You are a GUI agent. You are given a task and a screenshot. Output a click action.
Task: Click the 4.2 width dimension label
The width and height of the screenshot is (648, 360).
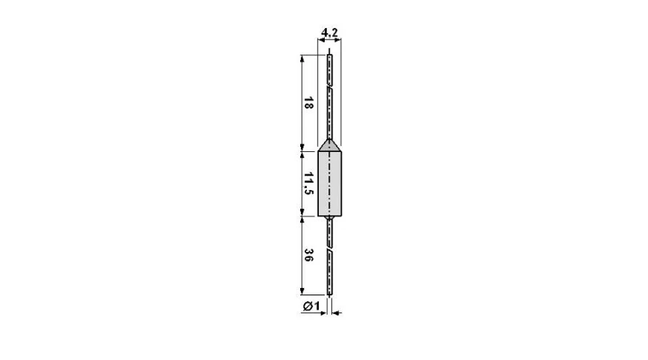329,32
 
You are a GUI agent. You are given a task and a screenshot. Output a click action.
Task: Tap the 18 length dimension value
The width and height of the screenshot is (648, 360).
308,103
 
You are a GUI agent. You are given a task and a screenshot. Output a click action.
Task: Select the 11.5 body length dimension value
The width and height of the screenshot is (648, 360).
308,183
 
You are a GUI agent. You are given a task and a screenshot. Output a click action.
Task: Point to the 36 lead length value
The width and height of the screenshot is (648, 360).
308,255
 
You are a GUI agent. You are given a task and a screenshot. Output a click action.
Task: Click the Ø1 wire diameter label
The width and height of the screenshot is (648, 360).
311,306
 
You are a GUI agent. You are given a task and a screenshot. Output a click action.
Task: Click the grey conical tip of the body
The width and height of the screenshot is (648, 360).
329,145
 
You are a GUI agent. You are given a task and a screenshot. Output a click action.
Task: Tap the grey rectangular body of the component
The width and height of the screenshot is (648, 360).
329,184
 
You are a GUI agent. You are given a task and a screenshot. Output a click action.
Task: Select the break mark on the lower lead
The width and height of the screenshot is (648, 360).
329,250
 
